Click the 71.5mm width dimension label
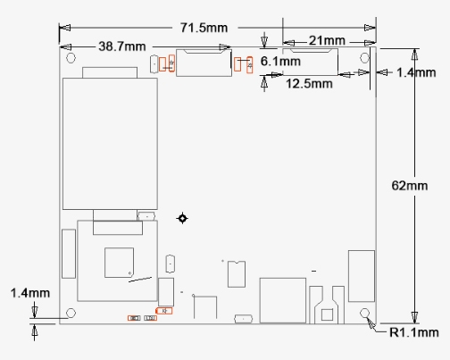click(204, 28)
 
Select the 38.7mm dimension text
click(122, 46)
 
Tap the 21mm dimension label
click(327, 40)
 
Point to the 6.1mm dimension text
click(280, 62)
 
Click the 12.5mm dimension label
click(309, 84)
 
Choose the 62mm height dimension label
click(410, 186)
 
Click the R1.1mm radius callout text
click(414, 332)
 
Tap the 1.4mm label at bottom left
click(30, 293)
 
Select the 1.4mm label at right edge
click(416, 72)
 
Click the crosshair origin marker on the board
click(182, 218)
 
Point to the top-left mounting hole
click(71, 58)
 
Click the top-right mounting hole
click(364, 58)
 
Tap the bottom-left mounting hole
click(71, 313)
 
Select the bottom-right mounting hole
click(364, 313)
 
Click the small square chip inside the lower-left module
click(119, 263)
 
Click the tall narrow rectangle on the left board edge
click(69, 254)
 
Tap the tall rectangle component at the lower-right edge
click(362, 276)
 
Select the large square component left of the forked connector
click(283, 300)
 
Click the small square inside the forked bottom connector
click(327, 314)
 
